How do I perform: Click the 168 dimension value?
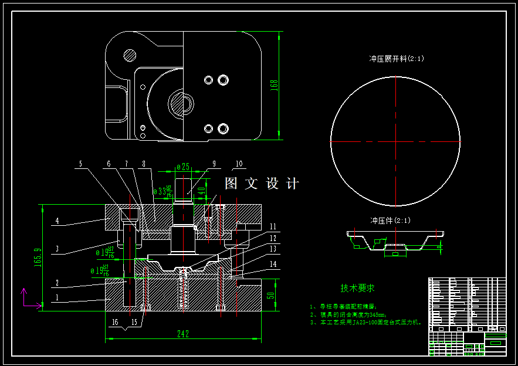273,85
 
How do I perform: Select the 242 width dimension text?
183,334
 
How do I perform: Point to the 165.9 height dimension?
38,258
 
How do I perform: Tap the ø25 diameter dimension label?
183,167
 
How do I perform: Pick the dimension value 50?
271,296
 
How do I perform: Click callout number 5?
81,164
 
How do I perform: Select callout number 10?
238,164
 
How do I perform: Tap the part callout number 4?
57,221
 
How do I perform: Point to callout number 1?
57,298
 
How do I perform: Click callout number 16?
115,322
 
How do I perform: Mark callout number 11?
273,226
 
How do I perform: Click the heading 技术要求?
357,288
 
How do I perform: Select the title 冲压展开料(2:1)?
396,59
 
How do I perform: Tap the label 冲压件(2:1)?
390,221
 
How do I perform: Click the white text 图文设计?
262,184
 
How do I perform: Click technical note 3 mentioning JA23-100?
366,322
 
